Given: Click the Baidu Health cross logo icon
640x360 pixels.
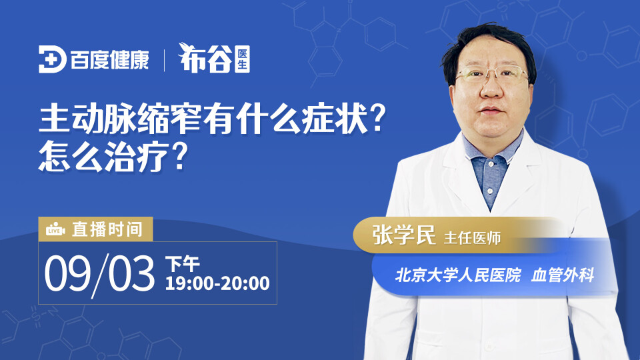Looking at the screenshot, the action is pos(52,59).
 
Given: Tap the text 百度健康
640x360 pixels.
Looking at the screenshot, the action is pos(110,60).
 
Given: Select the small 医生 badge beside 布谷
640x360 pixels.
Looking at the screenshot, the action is pos(243,59).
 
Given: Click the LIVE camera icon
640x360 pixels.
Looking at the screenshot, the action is pos(55,229).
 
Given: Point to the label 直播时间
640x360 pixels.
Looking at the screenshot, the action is pos(107,229).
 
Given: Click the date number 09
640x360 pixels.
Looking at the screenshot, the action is pos(67,273).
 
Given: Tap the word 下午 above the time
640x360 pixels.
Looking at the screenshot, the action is pos(183,264).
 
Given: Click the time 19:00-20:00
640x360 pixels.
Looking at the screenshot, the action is pos(217,283).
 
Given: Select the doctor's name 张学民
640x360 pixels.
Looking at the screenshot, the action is pos(404,235).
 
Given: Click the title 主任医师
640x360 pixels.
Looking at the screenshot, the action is pos(472,238).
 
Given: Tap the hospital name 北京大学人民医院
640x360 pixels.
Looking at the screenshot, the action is pos(458,275).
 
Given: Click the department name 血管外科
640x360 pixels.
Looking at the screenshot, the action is pos(563,275).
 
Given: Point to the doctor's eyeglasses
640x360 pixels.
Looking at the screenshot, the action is pos(492,74).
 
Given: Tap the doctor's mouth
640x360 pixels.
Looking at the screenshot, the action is pos(491,110).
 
